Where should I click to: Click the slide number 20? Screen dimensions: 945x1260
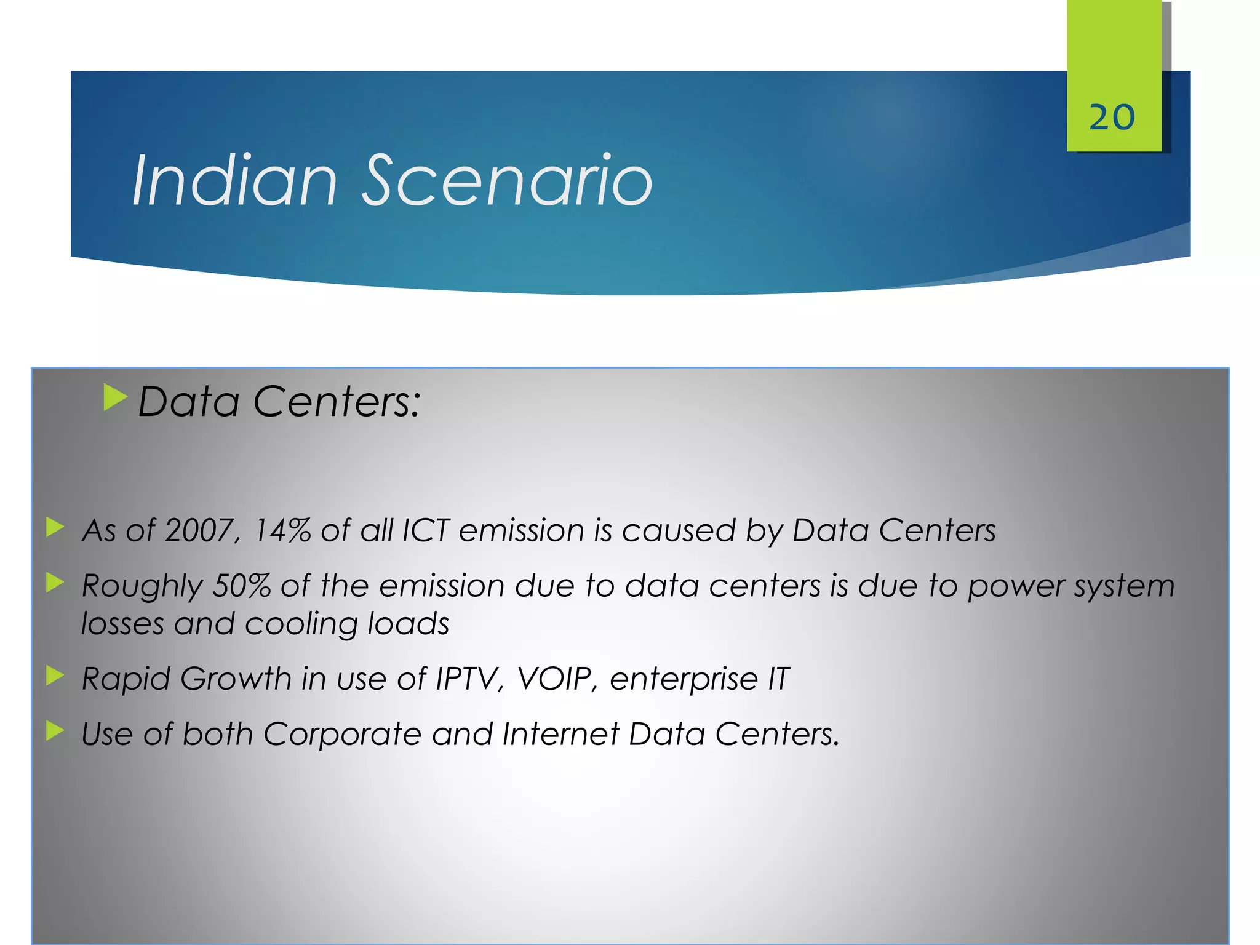pyautogui.click(x=1112, y=117)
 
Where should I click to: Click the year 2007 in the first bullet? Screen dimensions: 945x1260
pyautogui.click(x=199, y=530)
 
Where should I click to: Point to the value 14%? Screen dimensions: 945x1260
pyautogui.click(x=282, y=530)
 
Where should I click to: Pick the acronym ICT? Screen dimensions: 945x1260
pyautogui.click(x=425, y=530)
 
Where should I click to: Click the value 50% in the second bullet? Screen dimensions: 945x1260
pyautogui.click(x=241, y=586)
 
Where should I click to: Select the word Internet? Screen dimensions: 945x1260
pyautogui.click(x=560, y=735)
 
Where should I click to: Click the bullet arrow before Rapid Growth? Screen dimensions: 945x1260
pyautogui.click(x=55, y=676)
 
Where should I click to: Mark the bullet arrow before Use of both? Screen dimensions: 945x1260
pyautogui.click(x=55, y=731)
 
